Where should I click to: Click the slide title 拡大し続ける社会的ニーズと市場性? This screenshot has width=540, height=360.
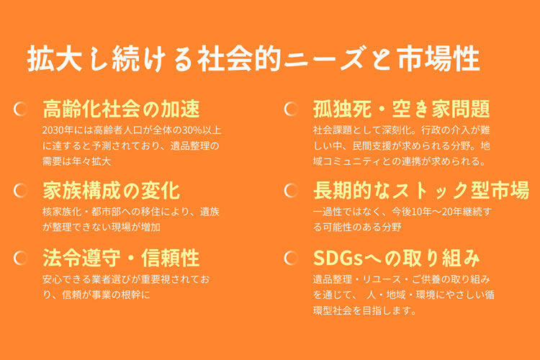point(253,58)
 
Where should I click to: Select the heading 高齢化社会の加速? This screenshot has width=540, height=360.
point(121,109)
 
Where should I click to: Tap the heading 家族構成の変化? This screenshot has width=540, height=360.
point(111,190)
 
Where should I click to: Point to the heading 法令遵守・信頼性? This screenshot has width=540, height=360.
point(121,258)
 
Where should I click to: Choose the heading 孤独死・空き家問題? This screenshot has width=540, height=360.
point(402,109)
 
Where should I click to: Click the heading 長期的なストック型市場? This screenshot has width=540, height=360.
point(421,190)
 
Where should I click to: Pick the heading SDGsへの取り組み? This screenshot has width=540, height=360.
point(397,258)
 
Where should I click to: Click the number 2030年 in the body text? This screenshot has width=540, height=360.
point(58,130)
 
